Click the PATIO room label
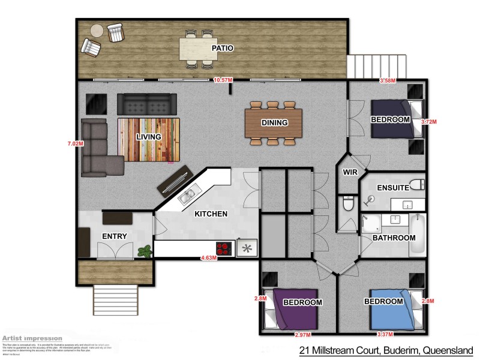tap(222, 47)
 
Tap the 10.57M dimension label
tap(223, 80)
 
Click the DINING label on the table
tap(274, 122)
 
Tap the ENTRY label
tap(114, 236)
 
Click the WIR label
tap(350, 172)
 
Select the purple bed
tap(294, 310)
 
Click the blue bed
tap(390, 310)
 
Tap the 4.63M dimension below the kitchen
tap(208, 259)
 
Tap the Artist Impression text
tap(32, 338)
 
